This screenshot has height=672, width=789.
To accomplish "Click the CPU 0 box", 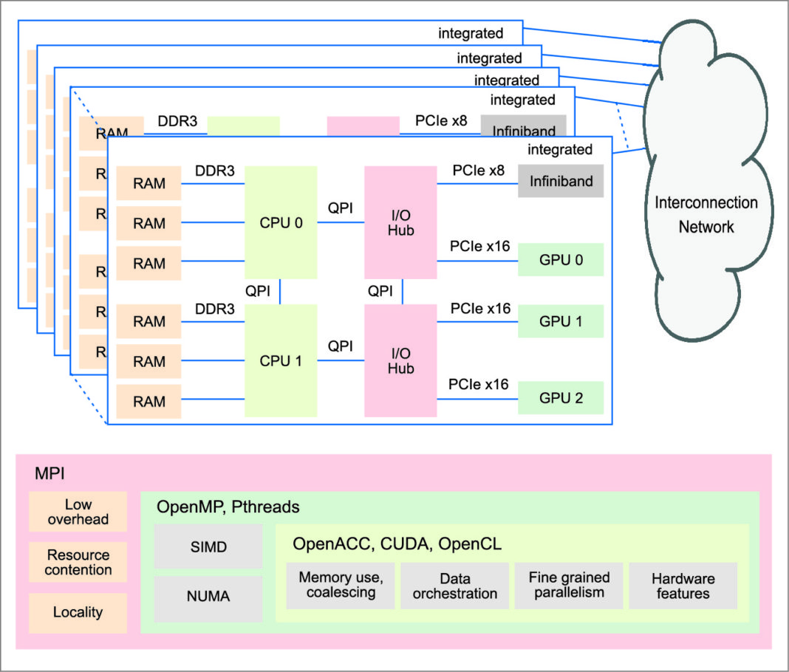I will click(281, 222).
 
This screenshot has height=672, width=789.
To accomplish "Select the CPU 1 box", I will click(281, 361).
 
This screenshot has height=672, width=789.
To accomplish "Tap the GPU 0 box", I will click(561, 260).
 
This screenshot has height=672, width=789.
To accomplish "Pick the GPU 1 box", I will click(561, 321).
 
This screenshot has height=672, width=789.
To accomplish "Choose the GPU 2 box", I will click(561, 398).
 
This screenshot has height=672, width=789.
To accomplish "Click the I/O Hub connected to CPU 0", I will click(400, 222).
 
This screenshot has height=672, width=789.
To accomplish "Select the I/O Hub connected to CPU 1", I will click(400, 361).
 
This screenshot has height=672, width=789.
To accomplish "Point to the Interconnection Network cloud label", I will click(706, 214).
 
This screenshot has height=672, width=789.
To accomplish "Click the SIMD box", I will click(209, 547).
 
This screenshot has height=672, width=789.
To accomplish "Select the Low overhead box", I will click(78, 512).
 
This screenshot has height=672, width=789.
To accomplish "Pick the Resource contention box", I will click(78, 562).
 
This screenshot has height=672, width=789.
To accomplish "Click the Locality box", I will click(78, 612).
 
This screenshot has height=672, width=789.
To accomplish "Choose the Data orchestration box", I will click(455, 586).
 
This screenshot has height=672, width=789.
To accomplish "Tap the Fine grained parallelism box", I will click(569, 586).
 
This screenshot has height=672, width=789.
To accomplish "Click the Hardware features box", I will click(683, 586).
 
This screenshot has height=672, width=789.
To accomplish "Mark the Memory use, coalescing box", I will click(341, 586).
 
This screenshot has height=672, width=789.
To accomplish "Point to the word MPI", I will click(49, 473).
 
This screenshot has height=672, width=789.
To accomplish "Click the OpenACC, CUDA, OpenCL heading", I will click(397, 544).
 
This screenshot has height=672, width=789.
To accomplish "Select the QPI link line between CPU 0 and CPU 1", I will click(281, 292).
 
